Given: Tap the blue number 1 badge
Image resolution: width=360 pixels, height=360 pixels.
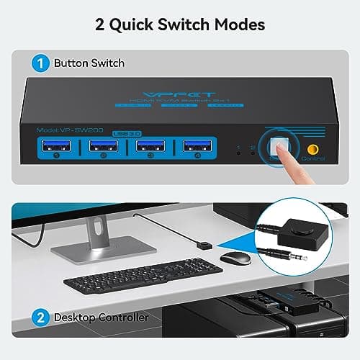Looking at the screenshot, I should (43, 63).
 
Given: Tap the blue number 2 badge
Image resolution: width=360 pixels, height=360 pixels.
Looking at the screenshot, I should (43, 316).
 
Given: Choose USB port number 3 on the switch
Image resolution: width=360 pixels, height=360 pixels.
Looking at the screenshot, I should (150, 149).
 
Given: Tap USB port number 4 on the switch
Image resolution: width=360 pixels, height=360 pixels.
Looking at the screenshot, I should (197, 149).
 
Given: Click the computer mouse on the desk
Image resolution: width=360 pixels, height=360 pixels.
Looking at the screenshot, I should (235, 257).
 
